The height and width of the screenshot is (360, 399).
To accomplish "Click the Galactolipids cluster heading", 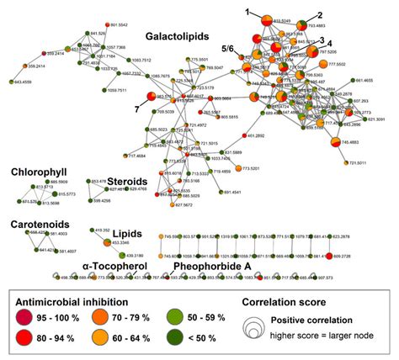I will [x=179, y=38].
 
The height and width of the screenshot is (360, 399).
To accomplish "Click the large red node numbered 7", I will [x=152, y=97].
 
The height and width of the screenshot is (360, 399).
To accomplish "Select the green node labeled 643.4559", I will [x=13, y=82].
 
